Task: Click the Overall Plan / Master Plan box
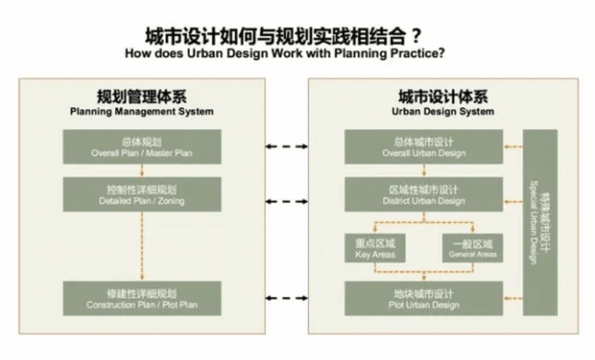(142, 147)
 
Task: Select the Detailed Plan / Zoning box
(142, 194)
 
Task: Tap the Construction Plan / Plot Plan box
(142, 299)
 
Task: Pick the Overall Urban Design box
(424, 147)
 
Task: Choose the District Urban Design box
(424, 194)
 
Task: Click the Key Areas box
(375, 248)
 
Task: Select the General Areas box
(473, 248)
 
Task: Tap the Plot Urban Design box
(424, 299)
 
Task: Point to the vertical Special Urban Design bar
(540, 222)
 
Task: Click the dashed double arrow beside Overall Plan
(287, 147)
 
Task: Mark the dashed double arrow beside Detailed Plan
(287, 201)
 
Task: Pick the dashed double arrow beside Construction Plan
(287, 299)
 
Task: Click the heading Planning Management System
(142, 112)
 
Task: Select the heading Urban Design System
(443, 112)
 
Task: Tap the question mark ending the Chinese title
(416, 36)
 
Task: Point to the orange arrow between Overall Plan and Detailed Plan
(142, 170)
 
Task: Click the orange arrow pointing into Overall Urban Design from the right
(513, 147)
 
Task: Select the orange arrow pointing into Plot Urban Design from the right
(513, 299)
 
